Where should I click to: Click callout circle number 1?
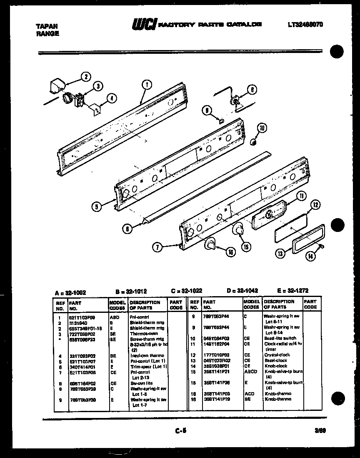[x=146, y=85]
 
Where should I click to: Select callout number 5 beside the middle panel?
[x=97, y=205]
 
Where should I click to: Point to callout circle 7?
[x=157, y=247]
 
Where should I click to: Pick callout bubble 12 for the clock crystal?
[x=316, y=204]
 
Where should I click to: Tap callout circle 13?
[x=280, y=253]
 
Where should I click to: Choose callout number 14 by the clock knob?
[x=310, y=257]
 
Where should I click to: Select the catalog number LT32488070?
[x=305, y=25]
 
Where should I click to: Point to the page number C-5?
[x=180, y=432]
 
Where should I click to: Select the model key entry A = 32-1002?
[x=70, y=292]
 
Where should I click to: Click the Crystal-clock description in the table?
[x=277, y=355]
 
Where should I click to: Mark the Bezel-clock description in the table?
[x=275, y=360]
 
